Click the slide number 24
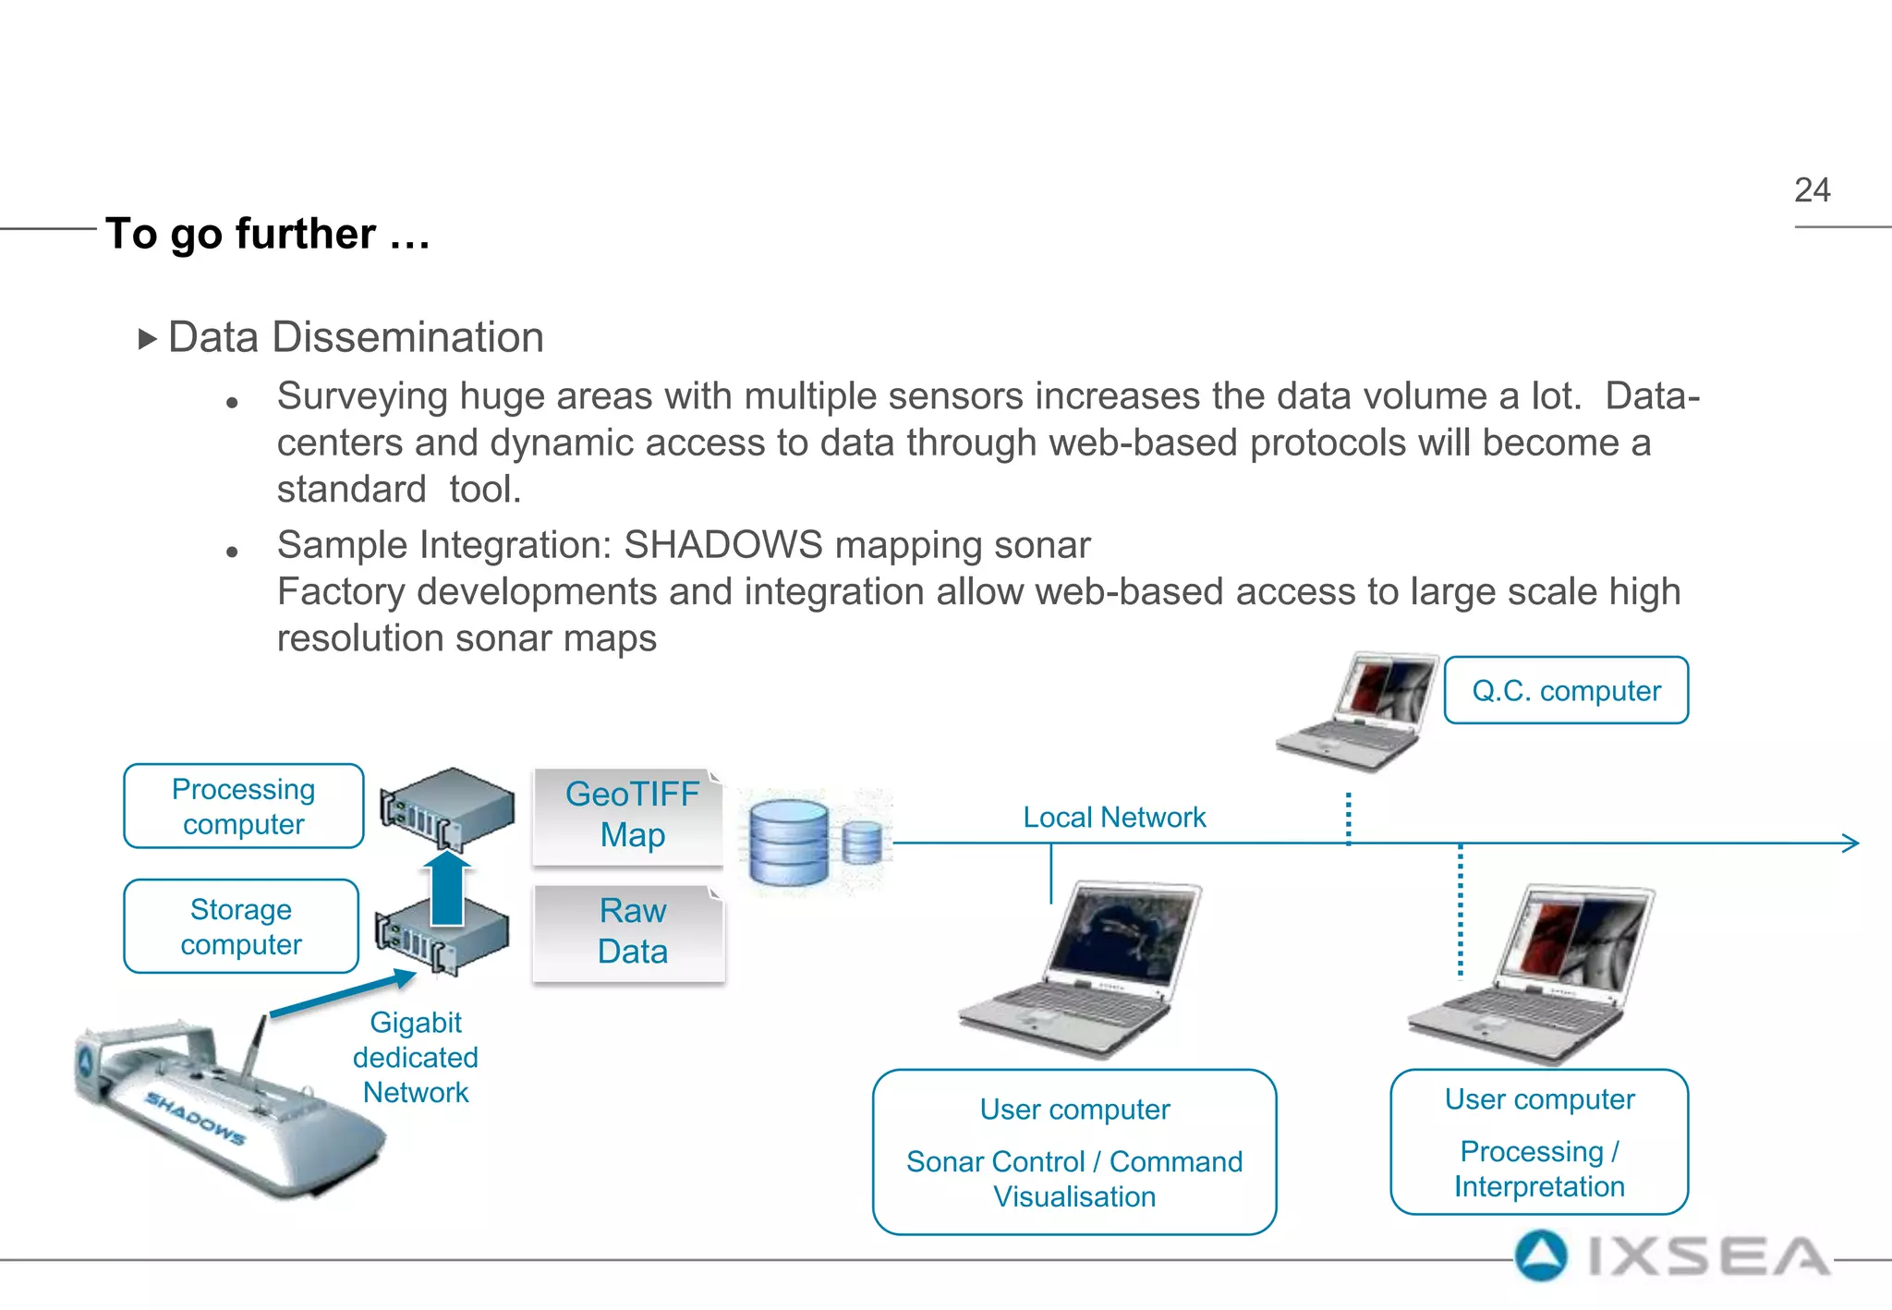(x=1812, y=190)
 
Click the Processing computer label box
(x=244, y=807)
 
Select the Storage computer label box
(x=241, y=927)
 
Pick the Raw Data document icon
(x=630, y=932)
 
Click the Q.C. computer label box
(x=1566, y=691)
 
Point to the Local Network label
(x=1114, y=818)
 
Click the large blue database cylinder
(x=789, y=843)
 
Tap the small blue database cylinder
(x=862, y=843)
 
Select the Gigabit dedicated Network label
(x=416, y=1058)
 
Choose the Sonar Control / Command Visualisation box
(x=1074, y=1152)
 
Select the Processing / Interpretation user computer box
(x=1539, y=1143)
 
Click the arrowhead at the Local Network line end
(x=1850, y=843)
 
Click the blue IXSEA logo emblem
(x=1541, y=1256)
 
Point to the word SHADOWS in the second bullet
(x=722, y=545)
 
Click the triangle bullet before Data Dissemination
(x=147, y=339)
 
